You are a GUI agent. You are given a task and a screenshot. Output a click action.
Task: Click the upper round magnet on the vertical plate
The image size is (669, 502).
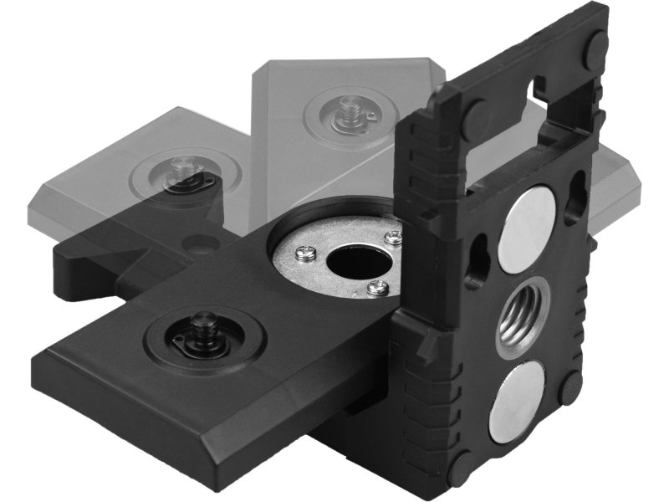(526, 228)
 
